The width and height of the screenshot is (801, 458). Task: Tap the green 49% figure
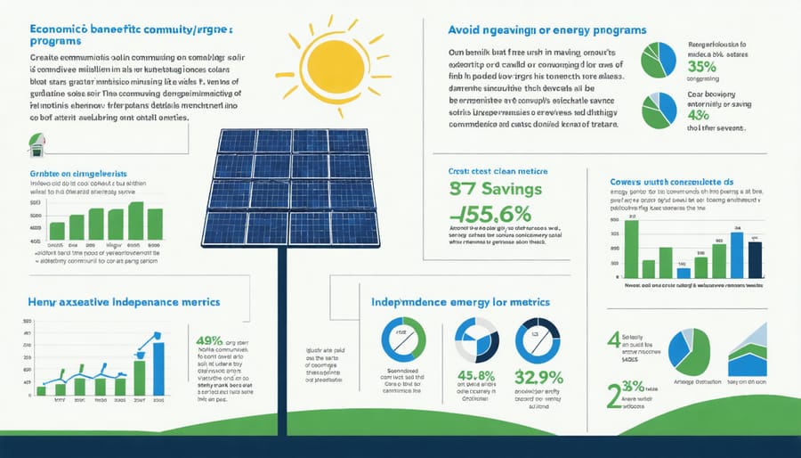click(208, 340)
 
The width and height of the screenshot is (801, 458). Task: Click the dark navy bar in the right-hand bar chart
click(755, 259)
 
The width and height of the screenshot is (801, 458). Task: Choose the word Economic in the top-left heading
click(60, 28)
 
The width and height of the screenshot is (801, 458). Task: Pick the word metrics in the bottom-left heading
click(190, 303)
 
